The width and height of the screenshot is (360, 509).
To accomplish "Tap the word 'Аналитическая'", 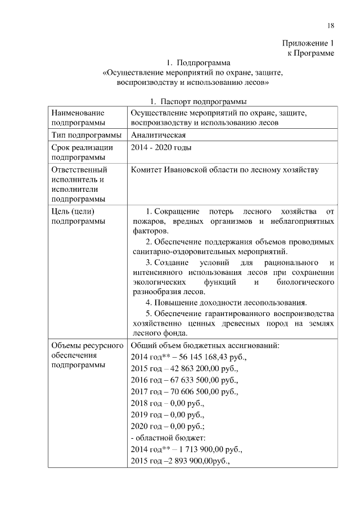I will tap(158, 136).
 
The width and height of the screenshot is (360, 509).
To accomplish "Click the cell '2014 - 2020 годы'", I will tap(161, 148).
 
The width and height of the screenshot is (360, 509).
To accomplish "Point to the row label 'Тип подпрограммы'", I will tap(86, 136).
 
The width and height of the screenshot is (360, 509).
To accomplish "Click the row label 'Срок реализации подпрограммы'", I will tap(82, 153).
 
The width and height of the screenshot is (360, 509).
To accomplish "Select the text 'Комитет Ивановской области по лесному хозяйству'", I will tap(224, 170).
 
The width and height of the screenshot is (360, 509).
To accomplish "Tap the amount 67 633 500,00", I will tap(193, 381).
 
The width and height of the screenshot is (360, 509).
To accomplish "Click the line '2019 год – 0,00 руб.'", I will tap(166, 416).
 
